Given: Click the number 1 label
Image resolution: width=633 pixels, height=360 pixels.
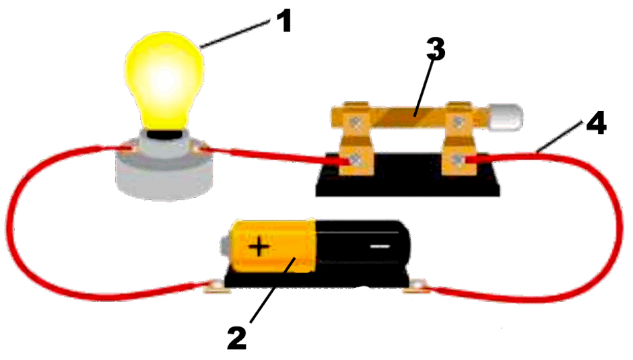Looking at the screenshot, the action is coord(285,22).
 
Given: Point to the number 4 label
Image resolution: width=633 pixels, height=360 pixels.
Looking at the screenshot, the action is coord(595,122).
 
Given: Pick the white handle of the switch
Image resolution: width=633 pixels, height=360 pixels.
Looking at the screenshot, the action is coord(505,117).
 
